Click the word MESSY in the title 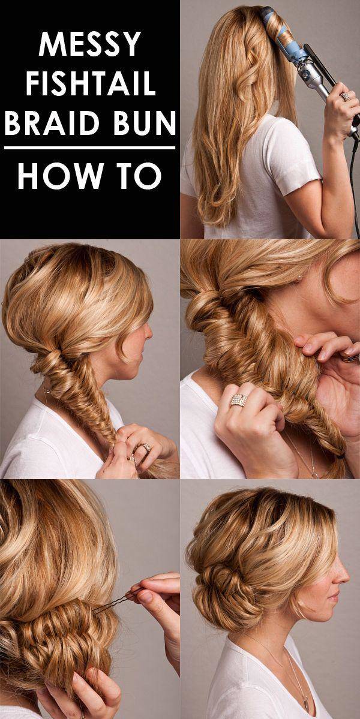coord(90,44)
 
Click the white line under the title coord(90,148)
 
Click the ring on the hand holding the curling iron coord(344,97)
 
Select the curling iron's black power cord coord(354,183)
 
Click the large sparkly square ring coord(239,400)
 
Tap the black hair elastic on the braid coord(339,456)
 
